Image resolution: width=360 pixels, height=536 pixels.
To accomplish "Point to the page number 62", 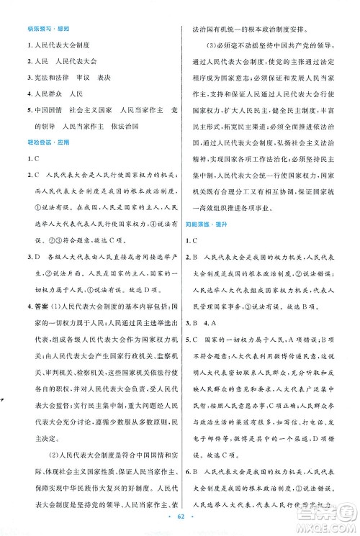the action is point(180,517).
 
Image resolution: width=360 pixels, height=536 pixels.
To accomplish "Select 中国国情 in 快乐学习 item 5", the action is point(38,112).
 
